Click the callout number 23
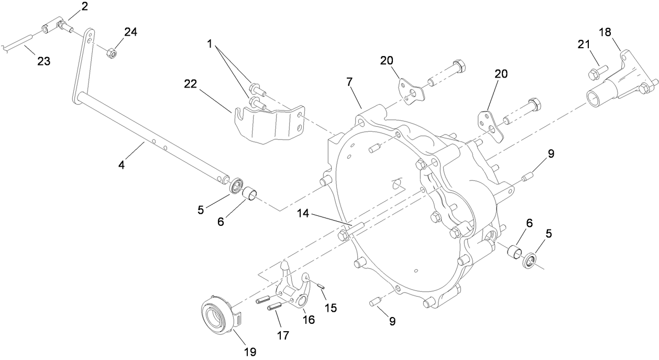point(43,61)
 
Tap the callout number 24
point(130,32)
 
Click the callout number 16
point(309,319)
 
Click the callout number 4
point(122,164)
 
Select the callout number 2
point(84,7)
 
